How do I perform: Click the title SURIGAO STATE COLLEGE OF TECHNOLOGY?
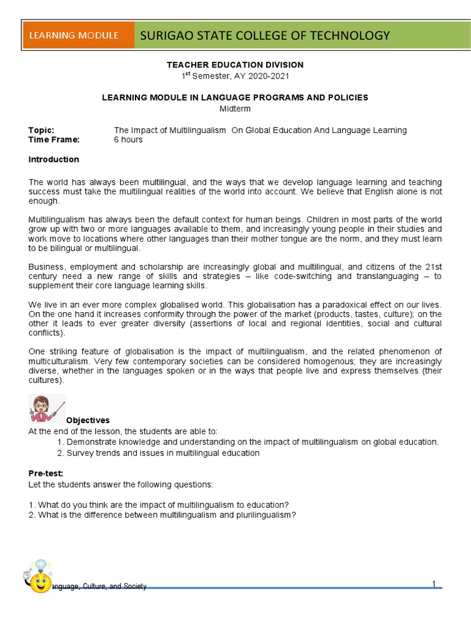tap(265, 35)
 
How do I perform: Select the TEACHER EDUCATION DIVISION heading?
tap(235, 64)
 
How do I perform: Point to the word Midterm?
tap(235, 109)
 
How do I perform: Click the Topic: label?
tap(42, 130)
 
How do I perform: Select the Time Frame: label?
tap(54, 139)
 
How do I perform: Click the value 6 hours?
tap(128, 139)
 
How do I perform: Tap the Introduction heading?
tap(54, 159)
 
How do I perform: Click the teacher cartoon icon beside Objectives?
tap(46, 408)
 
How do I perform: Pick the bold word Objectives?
tap(88, 420)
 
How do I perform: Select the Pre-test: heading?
tap(46, 473)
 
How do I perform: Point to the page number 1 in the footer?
tap(434, 584)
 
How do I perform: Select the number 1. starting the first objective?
tap(60, 442)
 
